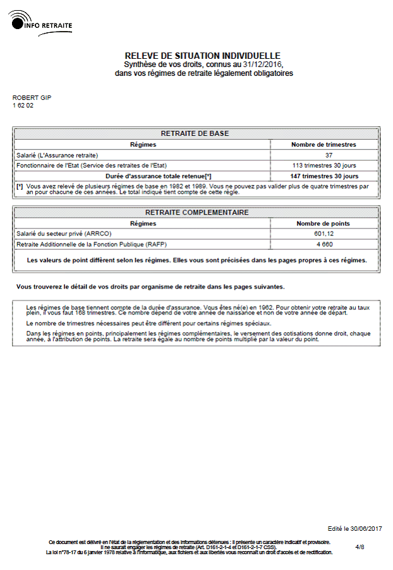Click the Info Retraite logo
point(42,23)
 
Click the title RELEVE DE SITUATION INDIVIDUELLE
point(202,56)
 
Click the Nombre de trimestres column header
point(323,144)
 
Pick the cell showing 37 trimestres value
point(329,155)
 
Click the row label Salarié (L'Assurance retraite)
point(57,155)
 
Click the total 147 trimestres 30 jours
point(323,176)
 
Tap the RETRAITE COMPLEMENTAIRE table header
point(196,213)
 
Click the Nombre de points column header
point(323,223)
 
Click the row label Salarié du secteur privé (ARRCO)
point(63,233)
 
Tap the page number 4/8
point(360,547)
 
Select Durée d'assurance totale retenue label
point(159,176)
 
